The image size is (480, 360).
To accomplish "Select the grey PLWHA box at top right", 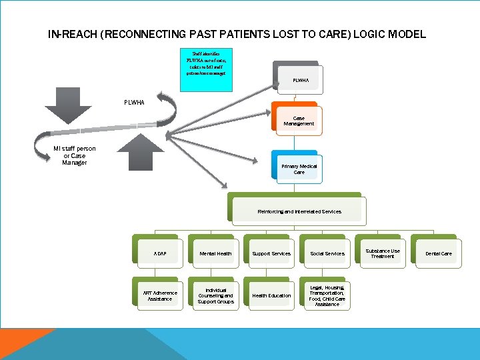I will point(300,80).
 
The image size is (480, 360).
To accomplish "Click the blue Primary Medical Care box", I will point(298,168).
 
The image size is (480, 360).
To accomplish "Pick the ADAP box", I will point(160,253).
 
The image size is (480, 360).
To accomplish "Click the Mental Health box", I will point(215,253).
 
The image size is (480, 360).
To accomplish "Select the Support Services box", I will point(271,253).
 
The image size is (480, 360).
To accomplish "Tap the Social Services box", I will point(327,253).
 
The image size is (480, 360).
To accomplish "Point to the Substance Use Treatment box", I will point(383,253).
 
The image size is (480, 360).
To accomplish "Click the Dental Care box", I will point(438,253).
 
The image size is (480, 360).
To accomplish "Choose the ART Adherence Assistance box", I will point(160,295).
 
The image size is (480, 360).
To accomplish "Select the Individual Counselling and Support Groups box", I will point(215,295).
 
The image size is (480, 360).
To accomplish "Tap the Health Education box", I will point(271,295).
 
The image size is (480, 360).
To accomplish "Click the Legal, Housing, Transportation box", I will point(327,295).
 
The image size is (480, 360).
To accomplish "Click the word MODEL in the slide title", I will point(403,34).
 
